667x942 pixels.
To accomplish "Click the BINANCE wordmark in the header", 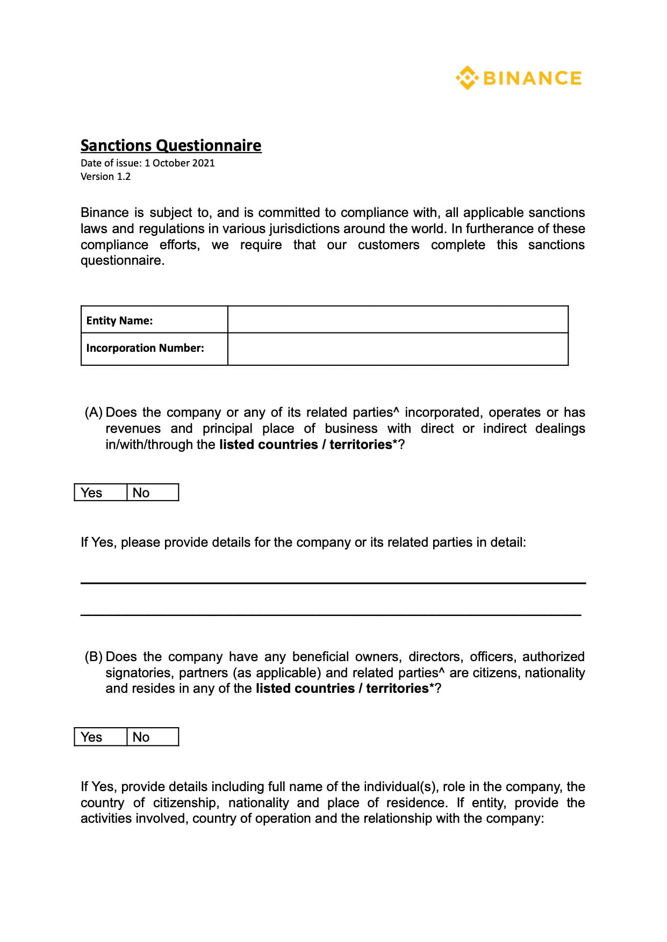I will pyautogui.click(x=532, y=78).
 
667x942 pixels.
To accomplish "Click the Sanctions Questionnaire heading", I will pyautogui.click(x=171, y=146).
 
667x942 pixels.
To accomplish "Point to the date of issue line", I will pyautogui.click(x=147, y=163).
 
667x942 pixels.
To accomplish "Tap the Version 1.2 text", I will pyautogui.click(x=105, y=177).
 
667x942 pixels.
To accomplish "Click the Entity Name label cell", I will pyautogui.click(x=154, y=320).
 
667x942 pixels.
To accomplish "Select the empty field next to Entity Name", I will pyautogui.click(x=398, y=320).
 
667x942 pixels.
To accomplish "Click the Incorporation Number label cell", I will pyautogui.click(x=154, y=349).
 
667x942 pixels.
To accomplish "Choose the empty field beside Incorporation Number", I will pyautogui.click(x=398, y=349).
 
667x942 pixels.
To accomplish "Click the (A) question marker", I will pyautogui.click(x=94, y=412).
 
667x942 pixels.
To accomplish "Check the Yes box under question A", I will pyautogui.click(x=101, y=492).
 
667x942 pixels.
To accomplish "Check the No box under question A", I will pyautogui.click(x=153, y=492).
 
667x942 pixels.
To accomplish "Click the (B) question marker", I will pyautogui.click(x=94, y=657).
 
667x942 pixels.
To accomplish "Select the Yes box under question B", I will pyautogui.click(x=101, y=737).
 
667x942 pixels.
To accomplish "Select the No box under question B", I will pyautogui.click(x=153, y=737).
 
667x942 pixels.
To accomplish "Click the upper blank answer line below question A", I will pyautogui.click(x=333, y=582).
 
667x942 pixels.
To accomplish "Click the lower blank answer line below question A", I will pyautogui.click(x=331, y=614).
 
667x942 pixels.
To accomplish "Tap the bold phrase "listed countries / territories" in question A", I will pyautogui.click(x=305, y=445).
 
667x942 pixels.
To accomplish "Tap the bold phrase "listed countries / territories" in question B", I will pyautogui.click(x=342, y=689).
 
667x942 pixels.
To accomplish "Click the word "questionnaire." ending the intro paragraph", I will pyautogui.click(x=123, y=261).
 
